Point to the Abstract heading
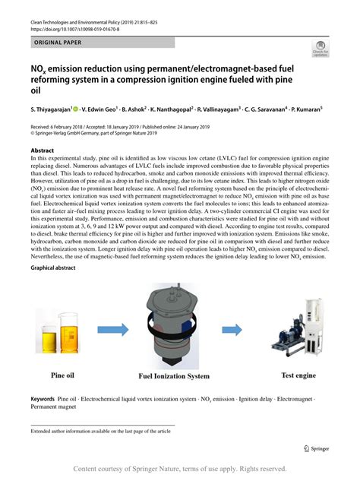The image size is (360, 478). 43,150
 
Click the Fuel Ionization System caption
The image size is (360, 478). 173,375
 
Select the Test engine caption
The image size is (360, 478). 298,375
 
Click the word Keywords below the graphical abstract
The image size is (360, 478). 43,397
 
